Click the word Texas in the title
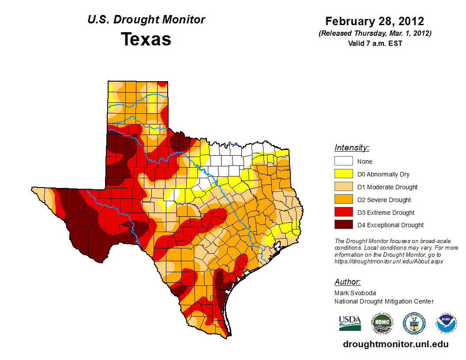tap(146, 39)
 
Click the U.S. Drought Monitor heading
tap(146, 20)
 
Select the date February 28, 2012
tap(375, 21)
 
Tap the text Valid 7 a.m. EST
tap(375, 43)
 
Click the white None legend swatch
tap(343, 161)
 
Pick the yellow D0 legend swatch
tap(343, 174)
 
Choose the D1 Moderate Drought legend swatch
tap(343, 187)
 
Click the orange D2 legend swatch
tap(343, 199)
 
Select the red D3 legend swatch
tap(343, 212)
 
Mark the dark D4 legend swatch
tap(343, 225)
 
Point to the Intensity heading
tap(352, 148)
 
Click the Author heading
tap(347, 282)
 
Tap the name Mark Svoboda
tap(355, 293)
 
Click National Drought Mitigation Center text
tap(384, 301)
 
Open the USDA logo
tap(350, 323)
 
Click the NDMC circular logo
tap(382, 323)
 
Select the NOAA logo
tap(446, 323)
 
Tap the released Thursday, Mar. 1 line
tap(375, 34)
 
